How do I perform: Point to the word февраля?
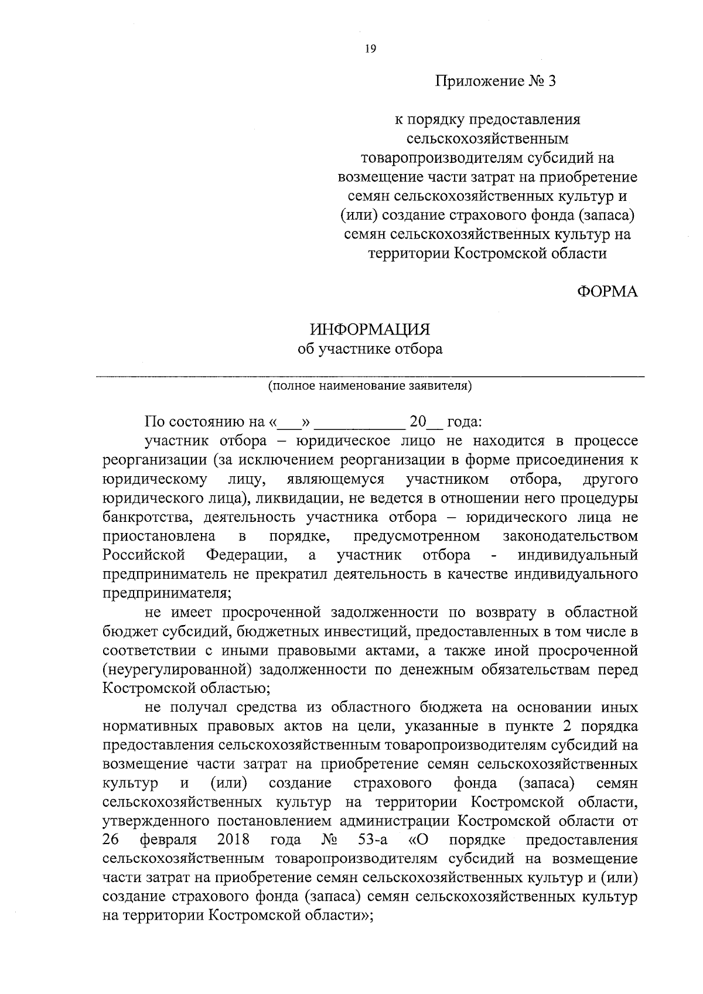(169, 840)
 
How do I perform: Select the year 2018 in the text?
(233, 840)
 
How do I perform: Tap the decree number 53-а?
(372, 840)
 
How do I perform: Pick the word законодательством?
(570, 537)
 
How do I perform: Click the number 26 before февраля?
(111, 840)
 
